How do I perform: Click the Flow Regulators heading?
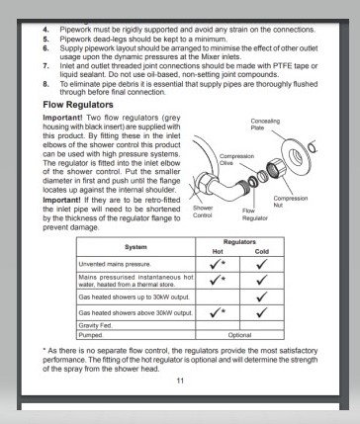[x=78, y=105]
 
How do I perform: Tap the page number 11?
[x=180, y=381]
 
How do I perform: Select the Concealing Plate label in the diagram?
[x=265, y=125]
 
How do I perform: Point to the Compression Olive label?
[x=236, y=159]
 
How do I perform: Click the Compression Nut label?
[x=291, y=202]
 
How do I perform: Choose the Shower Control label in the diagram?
[x=203, y=212]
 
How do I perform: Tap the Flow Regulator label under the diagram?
[x=255, y=214]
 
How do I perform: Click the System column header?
[x=135, y=247]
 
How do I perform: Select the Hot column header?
[x=218, y=252]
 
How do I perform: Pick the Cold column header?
[x=262, y=252]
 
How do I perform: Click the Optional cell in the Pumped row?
[x=239, y=335]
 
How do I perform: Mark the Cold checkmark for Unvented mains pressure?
[x=262, y=264]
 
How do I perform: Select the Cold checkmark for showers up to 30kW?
[x=262, y=297]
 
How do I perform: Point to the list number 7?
[x=45, y=66]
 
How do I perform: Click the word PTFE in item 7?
[x=282, y=66]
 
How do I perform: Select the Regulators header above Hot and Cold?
[x=239, y=242]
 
